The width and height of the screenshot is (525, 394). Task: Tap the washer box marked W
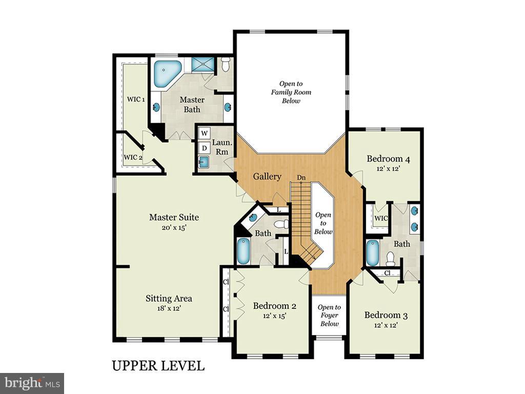(205, 133)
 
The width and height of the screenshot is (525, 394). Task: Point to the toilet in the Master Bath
(226, 65)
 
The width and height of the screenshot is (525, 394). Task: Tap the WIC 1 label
(136, 98)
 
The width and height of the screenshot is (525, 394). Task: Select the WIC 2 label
(133, 157)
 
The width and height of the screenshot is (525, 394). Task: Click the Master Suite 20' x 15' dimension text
(174, 227)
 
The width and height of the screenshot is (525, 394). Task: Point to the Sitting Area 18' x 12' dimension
(169, 308)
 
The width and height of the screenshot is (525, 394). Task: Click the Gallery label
(267, 176)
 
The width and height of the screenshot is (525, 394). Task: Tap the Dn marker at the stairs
(301, 178)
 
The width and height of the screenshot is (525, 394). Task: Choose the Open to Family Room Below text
(291, 92)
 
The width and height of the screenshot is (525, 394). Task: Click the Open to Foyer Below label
(329, 315)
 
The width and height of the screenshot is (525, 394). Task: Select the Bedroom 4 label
(388, 159)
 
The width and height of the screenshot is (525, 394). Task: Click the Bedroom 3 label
(386, 315)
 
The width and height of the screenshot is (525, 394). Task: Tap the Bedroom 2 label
(275, 306)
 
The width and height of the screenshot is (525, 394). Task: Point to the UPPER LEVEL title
(158, 365)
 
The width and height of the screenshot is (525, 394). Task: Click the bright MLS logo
(32, 383)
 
